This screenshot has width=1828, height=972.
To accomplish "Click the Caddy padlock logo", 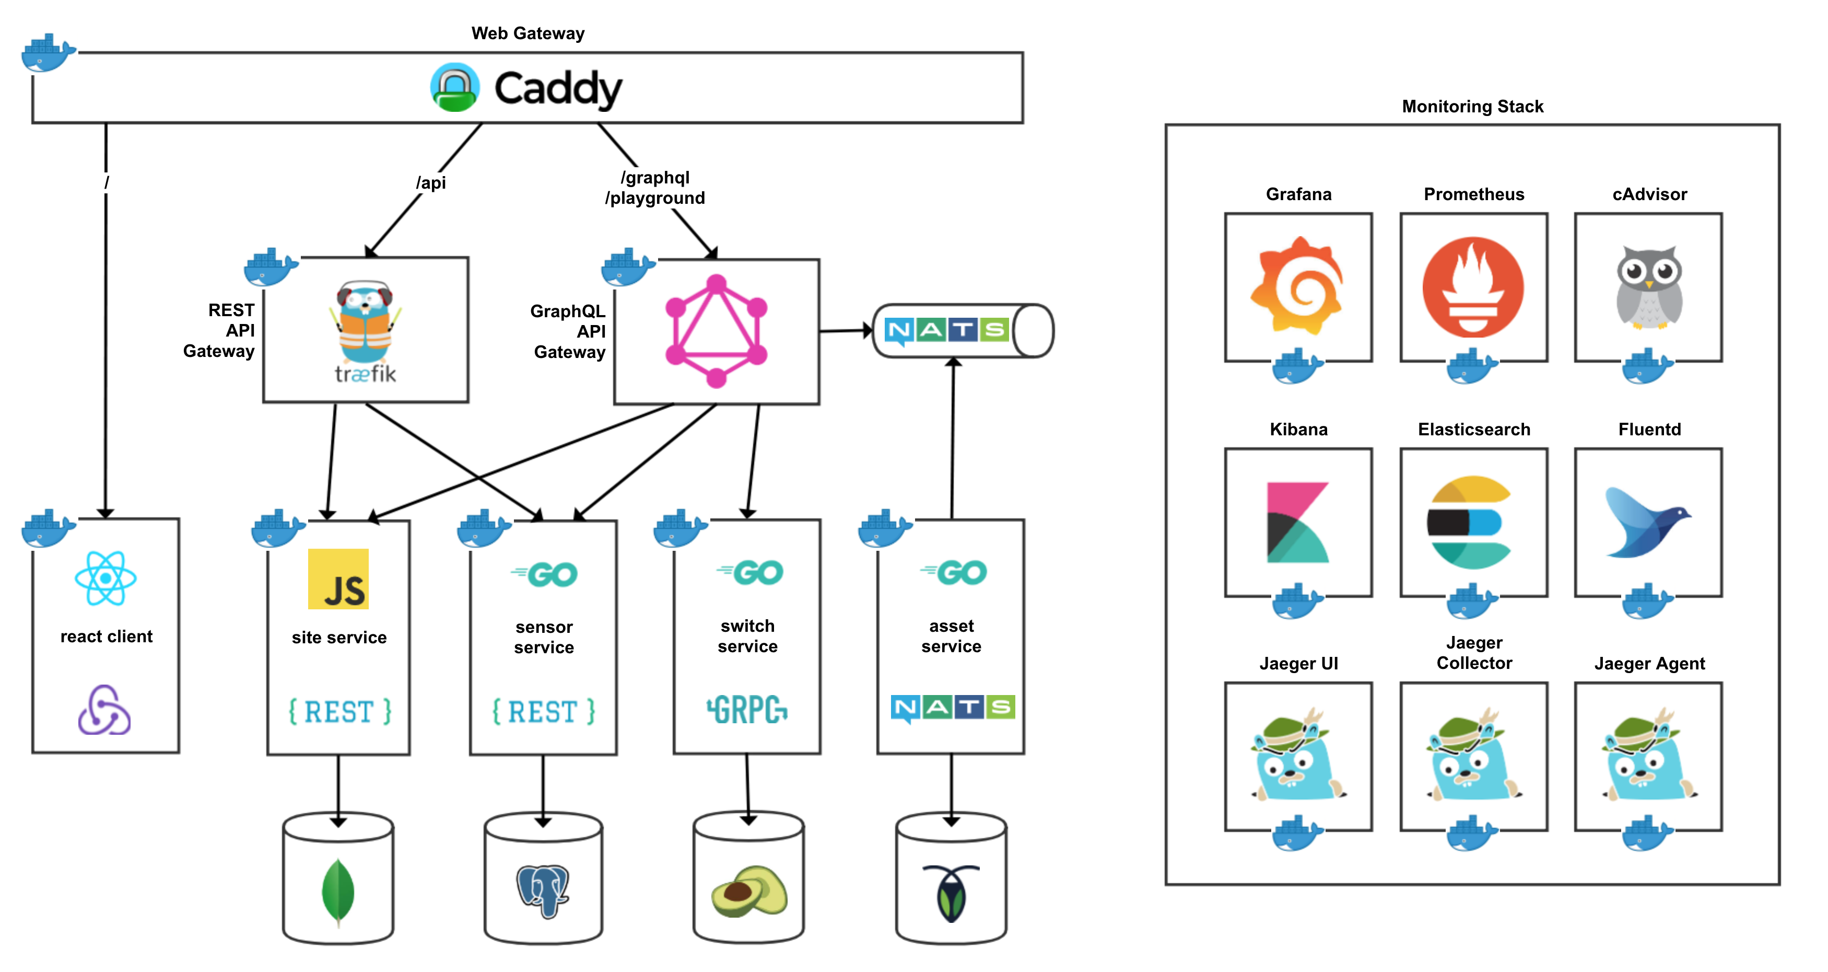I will [x=455, y=87].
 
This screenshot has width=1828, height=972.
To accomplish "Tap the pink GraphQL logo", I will [x=716, y=331].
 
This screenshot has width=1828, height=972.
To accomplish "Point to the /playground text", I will [x=654, y=198].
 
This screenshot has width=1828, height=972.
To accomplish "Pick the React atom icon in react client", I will [x=106, y=578].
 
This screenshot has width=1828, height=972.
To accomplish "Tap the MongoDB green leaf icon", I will [x=338, y=891].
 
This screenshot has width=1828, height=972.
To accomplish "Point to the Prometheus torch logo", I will [x=1473, y=287].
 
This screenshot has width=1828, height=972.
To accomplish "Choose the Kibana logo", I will [x=1298, y=523].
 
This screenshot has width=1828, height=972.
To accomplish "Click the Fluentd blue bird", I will [x=1647, y=523].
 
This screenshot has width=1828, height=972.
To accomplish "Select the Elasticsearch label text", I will [x=1474, y=430].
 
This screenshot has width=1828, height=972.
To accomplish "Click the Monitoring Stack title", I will [x=1472, y=107].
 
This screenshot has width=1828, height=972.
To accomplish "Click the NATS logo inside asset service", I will [x=952, y=708].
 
